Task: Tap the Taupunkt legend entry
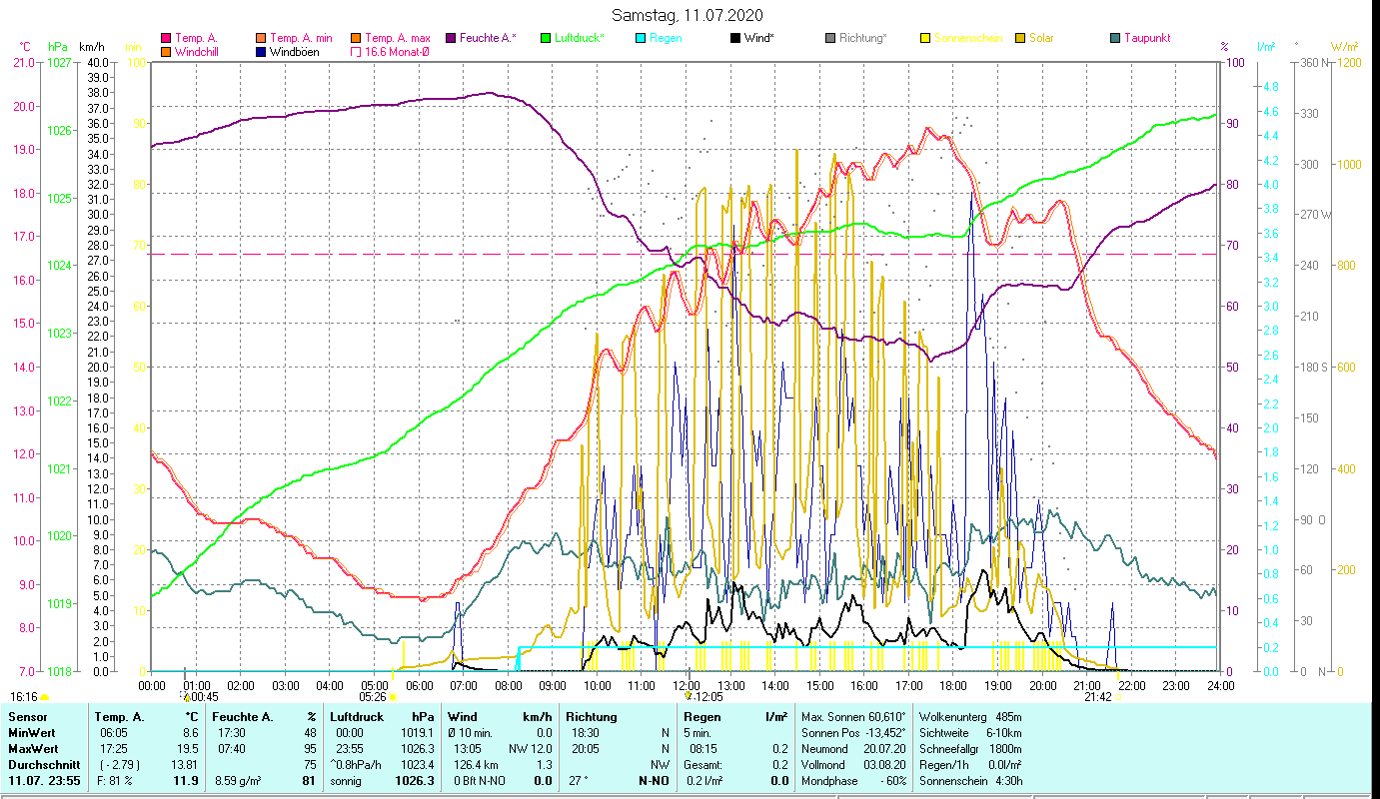tap(1146, 38)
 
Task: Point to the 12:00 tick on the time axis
tap(686, 686)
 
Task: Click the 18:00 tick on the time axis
tap(953, 686)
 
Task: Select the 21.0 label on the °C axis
tap(23, 62)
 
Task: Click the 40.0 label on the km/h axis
tap(98, 62)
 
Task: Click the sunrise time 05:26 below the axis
tap(373, 697)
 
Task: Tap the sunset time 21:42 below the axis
tap(1098, 697)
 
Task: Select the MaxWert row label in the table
tap(33, 748)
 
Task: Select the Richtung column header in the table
tap(591, 717)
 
